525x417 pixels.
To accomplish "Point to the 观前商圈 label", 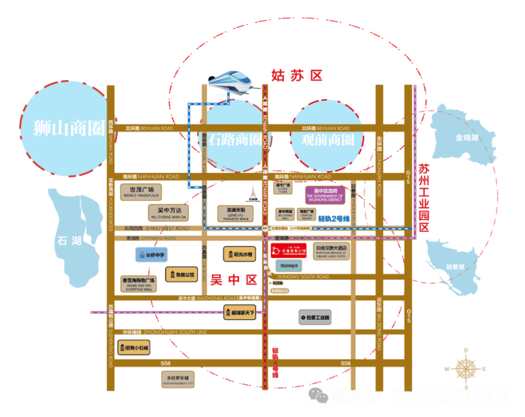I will click(x=323, y=140).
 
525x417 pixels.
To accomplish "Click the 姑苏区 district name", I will click(x=297, y=74).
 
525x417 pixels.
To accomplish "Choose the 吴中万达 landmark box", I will click(x=170, y=212).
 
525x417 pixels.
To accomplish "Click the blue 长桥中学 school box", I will click(x=151, y=254).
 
